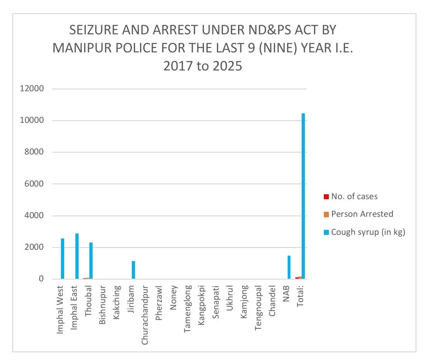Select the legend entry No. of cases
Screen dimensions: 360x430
354,196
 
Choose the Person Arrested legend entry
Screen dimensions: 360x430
362,214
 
